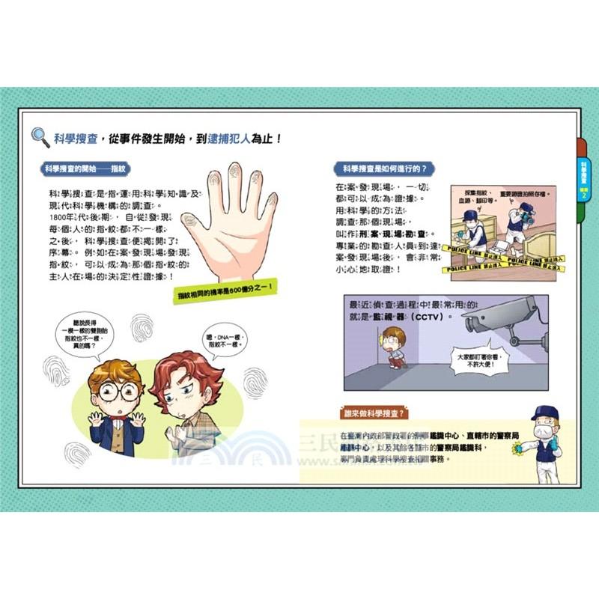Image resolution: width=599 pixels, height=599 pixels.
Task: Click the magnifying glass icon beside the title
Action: [40, 137]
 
